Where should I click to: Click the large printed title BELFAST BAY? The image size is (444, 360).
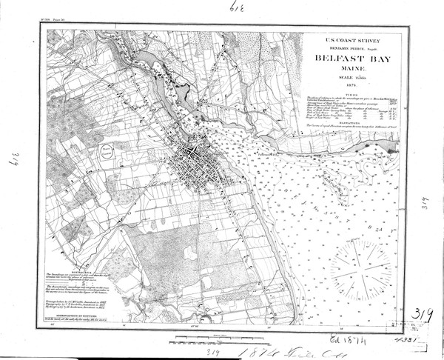click(x=347, y=57)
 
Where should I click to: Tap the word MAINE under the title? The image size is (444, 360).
click(x=347, y=70)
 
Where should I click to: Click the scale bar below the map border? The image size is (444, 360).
click(x=215, y=339)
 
